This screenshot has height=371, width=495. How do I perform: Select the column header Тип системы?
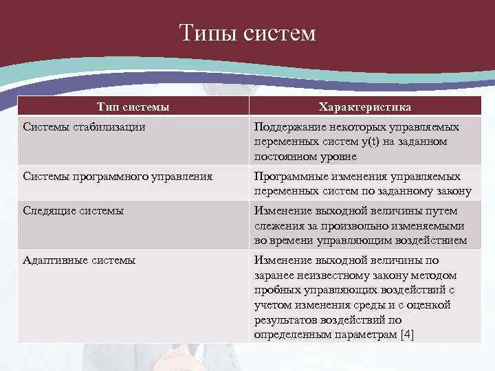(133, 107)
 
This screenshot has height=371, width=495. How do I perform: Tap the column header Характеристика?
(365, 107)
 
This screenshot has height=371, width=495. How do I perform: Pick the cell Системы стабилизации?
(84, 127)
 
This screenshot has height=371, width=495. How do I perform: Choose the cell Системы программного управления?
(118, 177)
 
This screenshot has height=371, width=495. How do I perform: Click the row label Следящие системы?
(74, 211)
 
